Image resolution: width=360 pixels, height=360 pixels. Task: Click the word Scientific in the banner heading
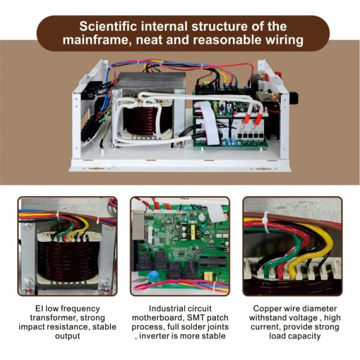tap(108, 26)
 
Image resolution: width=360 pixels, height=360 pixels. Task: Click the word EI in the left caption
tap(39, 308)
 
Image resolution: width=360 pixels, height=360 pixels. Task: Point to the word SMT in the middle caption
tap(195, 318)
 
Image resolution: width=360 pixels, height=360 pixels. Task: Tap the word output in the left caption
tap(67, 336)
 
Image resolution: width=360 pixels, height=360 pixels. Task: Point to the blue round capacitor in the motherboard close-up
tap(154, 275)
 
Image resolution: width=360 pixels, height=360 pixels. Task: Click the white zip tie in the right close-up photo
tap(266, 222)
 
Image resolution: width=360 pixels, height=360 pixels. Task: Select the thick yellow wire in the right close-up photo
tap(308, 248)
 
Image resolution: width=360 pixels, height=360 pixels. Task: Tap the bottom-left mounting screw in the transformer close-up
tap(28, 282)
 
